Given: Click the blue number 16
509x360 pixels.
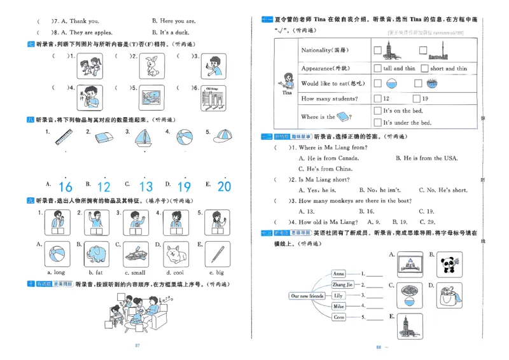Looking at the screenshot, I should [x=66, y=186].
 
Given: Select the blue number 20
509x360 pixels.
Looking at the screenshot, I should [x=224, y=186].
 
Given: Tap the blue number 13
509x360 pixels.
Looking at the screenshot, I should [x=146, y=186].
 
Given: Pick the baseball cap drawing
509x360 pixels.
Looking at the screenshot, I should [x=223, y=137].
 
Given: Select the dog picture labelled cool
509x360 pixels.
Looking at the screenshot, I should [x=176, y=253].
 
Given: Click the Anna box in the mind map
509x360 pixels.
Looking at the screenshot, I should [x=339, y=273].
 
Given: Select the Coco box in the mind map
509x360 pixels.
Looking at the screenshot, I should [x=339, y=317].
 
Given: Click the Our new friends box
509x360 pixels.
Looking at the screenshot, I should [x=307, y=296].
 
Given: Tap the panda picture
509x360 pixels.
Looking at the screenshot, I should [x=452, y=264].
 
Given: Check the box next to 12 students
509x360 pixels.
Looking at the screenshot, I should [x=377, y=99].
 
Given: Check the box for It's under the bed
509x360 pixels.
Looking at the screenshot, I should [x=377, y=122].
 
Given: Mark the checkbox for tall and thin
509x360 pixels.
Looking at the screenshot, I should [x=378, y=68].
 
